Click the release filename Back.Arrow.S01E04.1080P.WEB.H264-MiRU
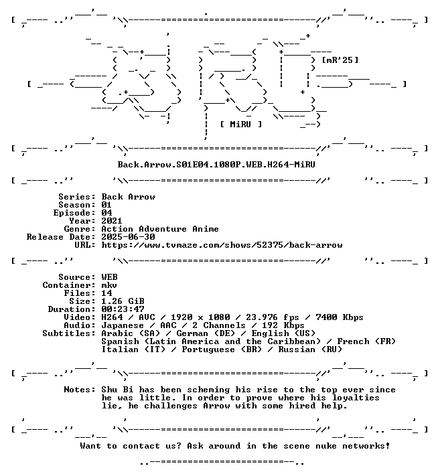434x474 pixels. pyautogui.click(x=216, y=165)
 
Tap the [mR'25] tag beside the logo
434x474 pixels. pyautogui.click(x=340, y=60)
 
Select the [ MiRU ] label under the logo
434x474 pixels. pyautogui.click(x=241, y=125)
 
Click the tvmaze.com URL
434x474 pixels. pyautogui.click(x=222, y=245)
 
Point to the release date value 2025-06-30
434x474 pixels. pyautogui.click(x=128, y=237)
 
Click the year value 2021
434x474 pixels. pyautogui.click(x=112, y=221)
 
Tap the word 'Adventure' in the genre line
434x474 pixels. pyautogui.click(x=163, y=229)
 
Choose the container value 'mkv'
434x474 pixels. pyautogui.click(x=109, y=285)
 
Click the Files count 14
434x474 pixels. pyautogui.click(x=106, y=293)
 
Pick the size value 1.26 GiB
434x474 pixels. pyautogui.click(x=123, y=301)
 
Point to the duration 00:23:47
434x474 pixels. pyautogui.click(x=123, y=309)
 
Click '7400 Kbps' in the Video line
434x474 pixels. pyautogui.click(x=340, y=317)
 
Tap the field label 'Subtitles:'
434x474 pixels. pyautogui.click(x=69, y=333)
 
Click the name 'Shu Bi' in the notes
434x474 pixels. pyautogui.click(x=117, y=390)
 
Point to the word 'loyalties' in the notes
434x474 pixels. pyautogui.click(x=356, y=398)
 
